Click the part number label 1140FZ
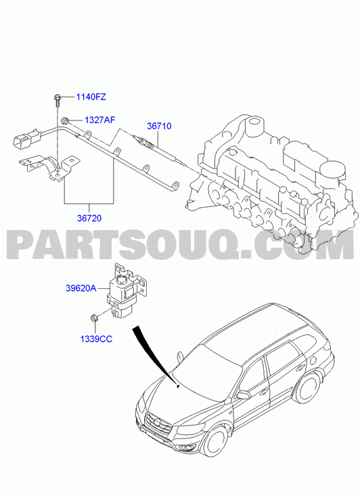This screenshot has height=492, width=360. (91, 97)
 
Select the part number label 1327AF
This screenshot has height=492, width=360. (99, 120)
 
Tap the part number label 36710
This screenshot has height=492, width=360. (159, 126)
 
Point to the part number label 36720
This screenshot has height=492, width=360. (89, 218)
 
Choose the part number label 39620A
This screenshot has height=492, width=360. (81, 288)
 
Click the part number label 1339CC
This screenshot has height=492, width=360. (96, 339)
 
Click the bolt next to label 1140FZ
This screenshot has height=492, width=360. (58, 99)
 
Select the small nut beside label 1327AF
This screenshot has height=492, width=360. (65, 120)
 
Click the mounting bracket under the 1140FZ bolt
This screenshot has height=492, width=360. (49, 166)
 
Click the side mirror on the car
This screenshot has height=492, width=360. (243, 395)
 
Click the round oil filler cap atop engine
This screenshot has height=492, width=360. (332, 170)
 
